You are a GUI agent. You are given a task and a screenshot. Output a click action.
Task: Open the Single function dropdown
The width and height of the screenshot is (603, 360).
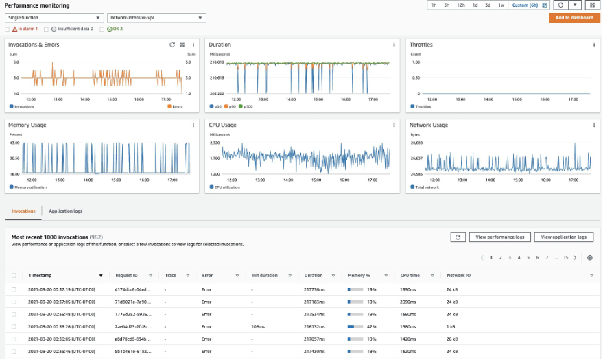54,19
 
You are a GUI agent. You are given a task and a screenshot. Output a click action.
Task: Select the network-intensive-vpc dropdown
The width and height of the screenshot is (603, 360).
156,19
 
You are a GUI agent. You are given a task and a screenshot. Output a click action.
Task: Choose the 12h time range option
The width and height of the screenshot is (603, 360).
461,5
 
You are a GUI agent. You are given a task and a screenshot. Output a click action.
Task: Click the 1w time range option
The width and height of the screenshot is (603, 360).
501,5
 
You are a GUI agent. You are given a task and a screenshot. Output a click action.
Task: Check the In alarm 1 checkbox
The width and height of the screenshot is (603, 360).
8,29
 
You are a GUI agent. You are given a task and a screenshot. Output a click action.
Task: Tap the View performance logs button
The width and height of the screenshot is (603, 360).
501,237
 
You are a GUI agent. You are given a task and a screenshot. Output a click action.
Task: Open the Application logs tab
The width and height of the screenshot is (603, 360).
65,211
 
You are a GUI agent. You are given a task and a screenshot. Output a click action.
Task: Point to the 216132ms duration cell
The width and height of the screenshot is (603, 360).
316,326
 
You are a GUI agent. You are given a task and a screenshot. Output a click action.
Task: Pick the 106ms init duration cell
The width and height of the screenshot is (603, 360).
258,326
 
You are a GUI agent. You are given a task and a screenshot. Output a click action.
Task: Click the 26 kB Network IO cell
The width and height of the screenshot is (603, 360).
453,339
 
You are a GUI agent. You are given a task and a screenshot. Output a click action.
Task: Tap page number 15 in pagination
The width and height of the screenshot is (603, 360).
565,258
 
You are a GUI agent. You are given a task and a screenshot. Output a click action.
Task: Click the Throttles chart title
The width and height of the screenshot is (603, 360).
421,45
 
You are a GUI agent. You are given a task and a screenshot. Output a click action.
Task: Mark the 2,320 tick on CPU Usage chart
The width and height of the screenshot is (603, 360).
215,143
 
